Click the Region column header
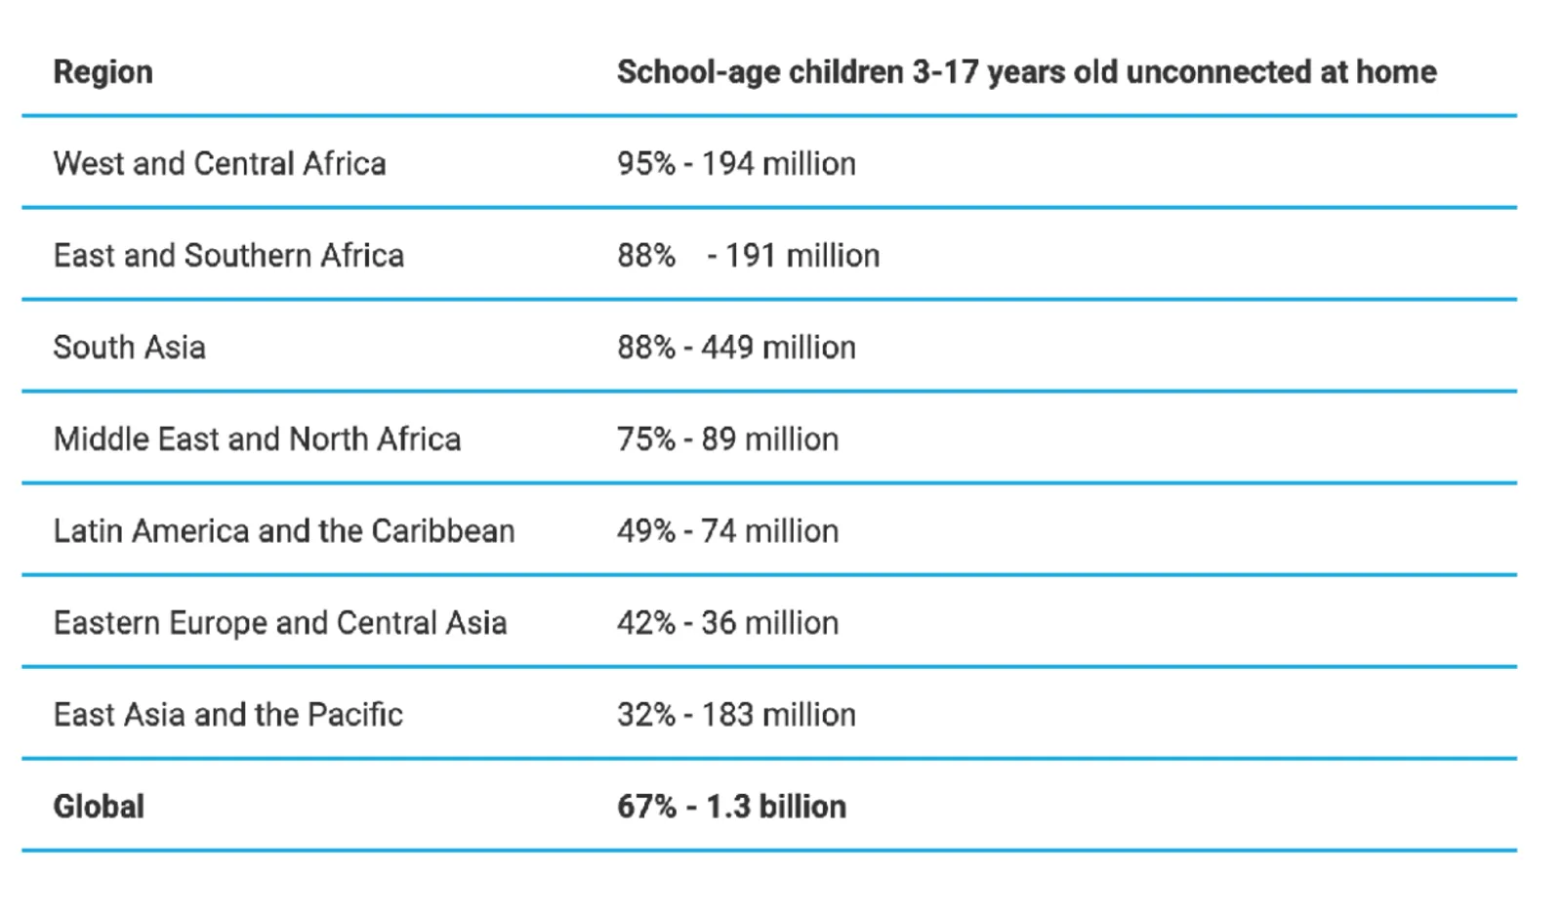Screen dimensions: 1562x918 tap(103, 73)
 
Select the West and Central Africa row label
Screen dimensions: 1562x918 tap(220, 164)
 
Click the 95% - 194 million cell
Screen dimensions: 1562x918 tap(736, 164)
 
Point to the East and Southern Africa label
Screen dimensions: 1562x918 tap(228, 256)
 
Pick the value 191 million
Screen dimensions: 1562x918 tap(802, 256)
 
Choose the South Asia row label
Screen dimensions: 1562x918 tap(130, 348)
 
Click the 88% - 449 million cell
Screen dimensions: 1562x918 tap(736, 348)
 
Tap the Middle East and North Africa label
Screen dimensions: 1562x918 tap(258, 439)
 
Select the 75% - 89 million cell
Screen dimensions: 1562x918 tap(728, 439)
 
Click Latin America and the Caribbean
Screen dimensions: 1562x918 tap(284, 531)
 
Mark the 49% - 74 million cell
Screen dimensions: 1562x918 tap(728, 531)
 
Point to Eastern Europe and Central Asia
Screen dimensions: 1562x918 tap(280, 623)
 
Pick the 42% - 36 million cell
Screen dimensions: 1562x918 tap(728, 623)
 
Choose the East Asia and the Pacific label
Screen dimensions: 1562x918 tap(228, 715)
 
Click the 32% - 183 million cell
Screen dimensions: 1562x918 tap(736, 715)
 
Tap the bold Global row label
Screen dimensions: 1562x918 tap(99, 807)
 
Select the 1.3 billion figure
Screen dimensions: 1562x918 tap(776, 807)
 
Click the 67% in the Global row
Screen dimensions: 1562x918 tap(646, 807)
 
